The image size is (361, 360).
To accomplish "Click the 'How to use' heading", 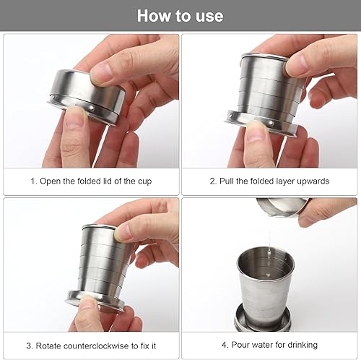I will pyautogui.click(x=180, y=15).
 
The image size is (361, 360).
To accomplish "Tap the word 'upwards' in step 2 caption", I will pyautogui.click(x=310, y=181).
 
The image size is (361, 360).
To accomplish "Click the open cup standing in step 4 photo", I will pyautogui.click(x=265, y=275).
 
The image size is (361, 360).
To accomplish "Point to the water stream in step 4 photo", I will pyautogui.click(x=269, y=239).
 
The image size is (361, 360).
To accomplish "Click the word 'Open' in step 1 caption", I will pyautogui.click(x=51, y=181).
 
